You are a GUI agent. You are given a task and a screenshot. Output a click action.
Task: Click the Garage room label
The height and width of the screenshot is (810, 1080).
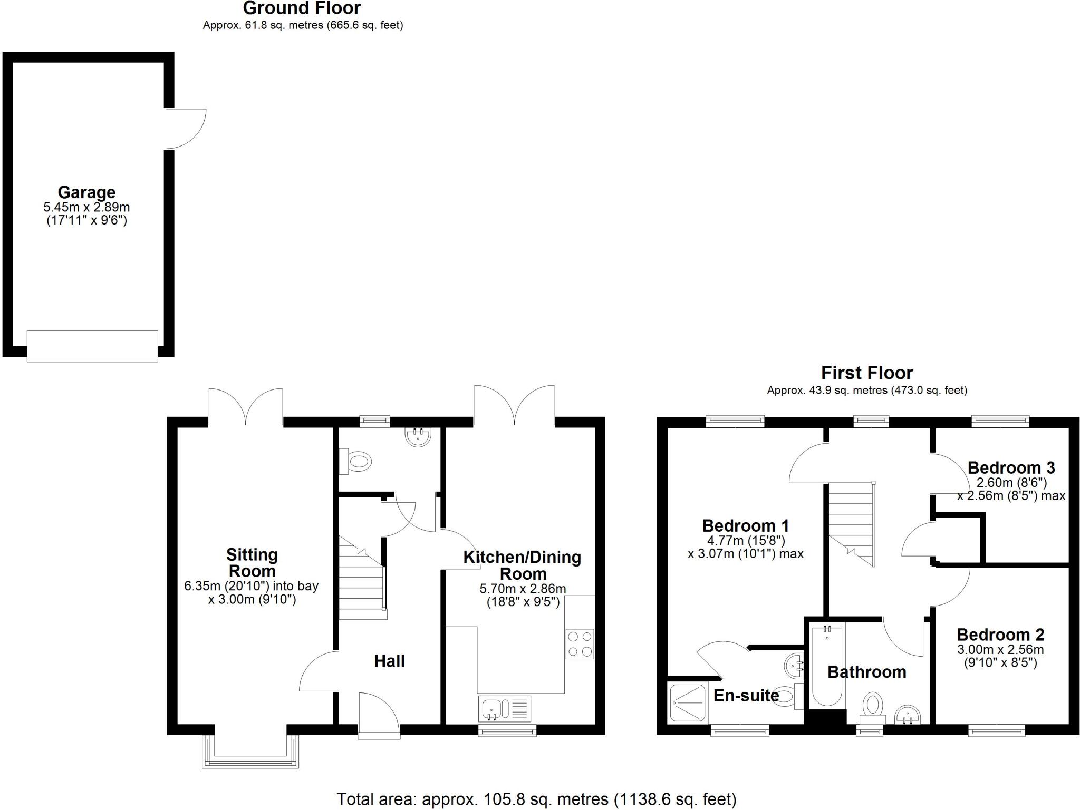[x=86, y=192]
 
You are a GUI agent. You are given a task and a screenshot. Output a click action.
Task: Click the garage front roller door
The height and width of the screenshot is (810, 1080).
[x=92, y=346]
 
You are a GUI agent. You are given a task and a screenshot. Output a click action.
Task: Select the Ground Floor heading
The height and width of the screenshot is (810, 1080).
[x=302, y=8]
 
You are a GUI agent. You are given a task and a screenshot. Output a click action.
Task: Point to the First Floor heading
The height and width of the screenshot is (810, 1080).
[x=866, y=373]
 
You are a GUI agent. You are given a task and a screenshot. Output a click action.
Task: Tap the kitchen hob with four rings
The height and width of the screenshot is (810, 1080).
[x=580, y=644]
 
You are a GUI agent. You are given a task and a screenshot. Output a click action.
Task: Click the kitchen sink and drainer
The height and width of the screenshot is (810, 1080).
[x=505, y=709]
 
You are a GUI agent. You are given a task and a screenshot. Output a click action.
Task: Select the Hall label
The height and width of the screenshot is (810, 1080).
[x=389, y=661]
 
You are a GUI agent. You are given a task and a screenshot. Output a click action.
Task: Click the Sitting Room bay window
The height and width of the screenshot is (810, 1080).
[x=250, y=751]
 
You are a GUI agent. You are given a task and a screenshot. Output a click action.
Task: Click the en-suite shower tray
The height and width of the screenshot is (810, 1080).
[x=687, y=702]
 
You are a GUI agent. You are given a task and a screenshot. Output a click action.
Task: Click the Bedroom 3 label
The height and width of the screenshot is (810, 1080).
[x=1011, y=468]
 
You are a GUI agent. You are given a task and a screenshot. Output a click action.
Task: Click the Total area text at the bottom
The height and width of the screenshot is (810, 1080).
[x=536, y=799]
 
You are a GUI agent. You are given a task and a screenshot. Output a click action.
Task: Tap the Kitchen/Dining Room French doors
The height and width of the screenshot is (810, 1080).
[x=514, y=406]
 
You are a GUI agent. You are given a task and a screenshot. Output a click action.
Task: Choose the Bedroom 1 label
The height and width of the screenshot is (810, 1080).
[x=745, y=526]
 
